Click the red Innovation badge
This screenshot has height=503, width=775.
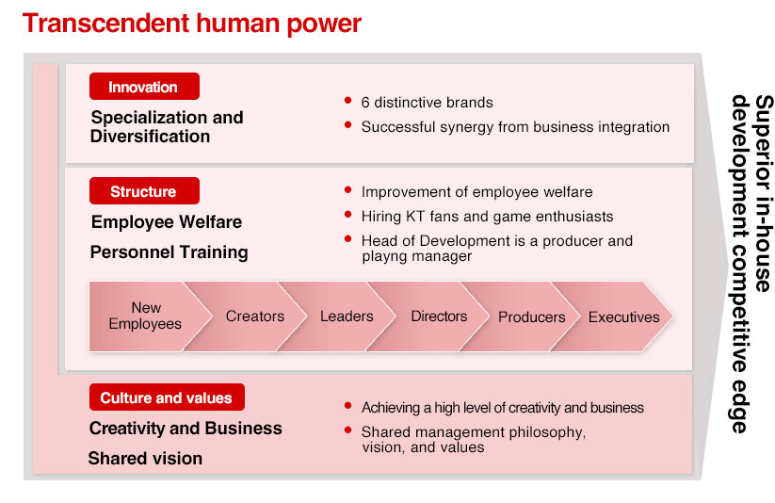144,87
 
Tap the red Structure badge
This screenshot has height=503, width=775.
144,191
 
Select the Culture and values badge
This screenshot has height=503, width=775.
167,398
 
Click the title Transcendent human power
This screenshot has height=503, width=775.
192,24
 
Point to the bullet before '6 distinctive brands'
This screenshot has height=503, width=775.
348,101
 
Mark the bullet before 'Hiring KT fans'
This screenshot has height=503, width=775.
348,215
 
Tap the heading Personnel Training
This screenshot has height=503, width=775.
170,252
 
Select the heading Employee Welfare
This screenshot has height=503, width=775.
167,222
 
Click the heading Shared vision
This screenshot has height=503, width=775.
145,459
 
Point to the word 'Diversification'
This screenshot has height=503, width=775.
151,137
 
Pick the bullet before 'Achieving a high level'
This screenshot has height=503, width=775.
348,406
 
